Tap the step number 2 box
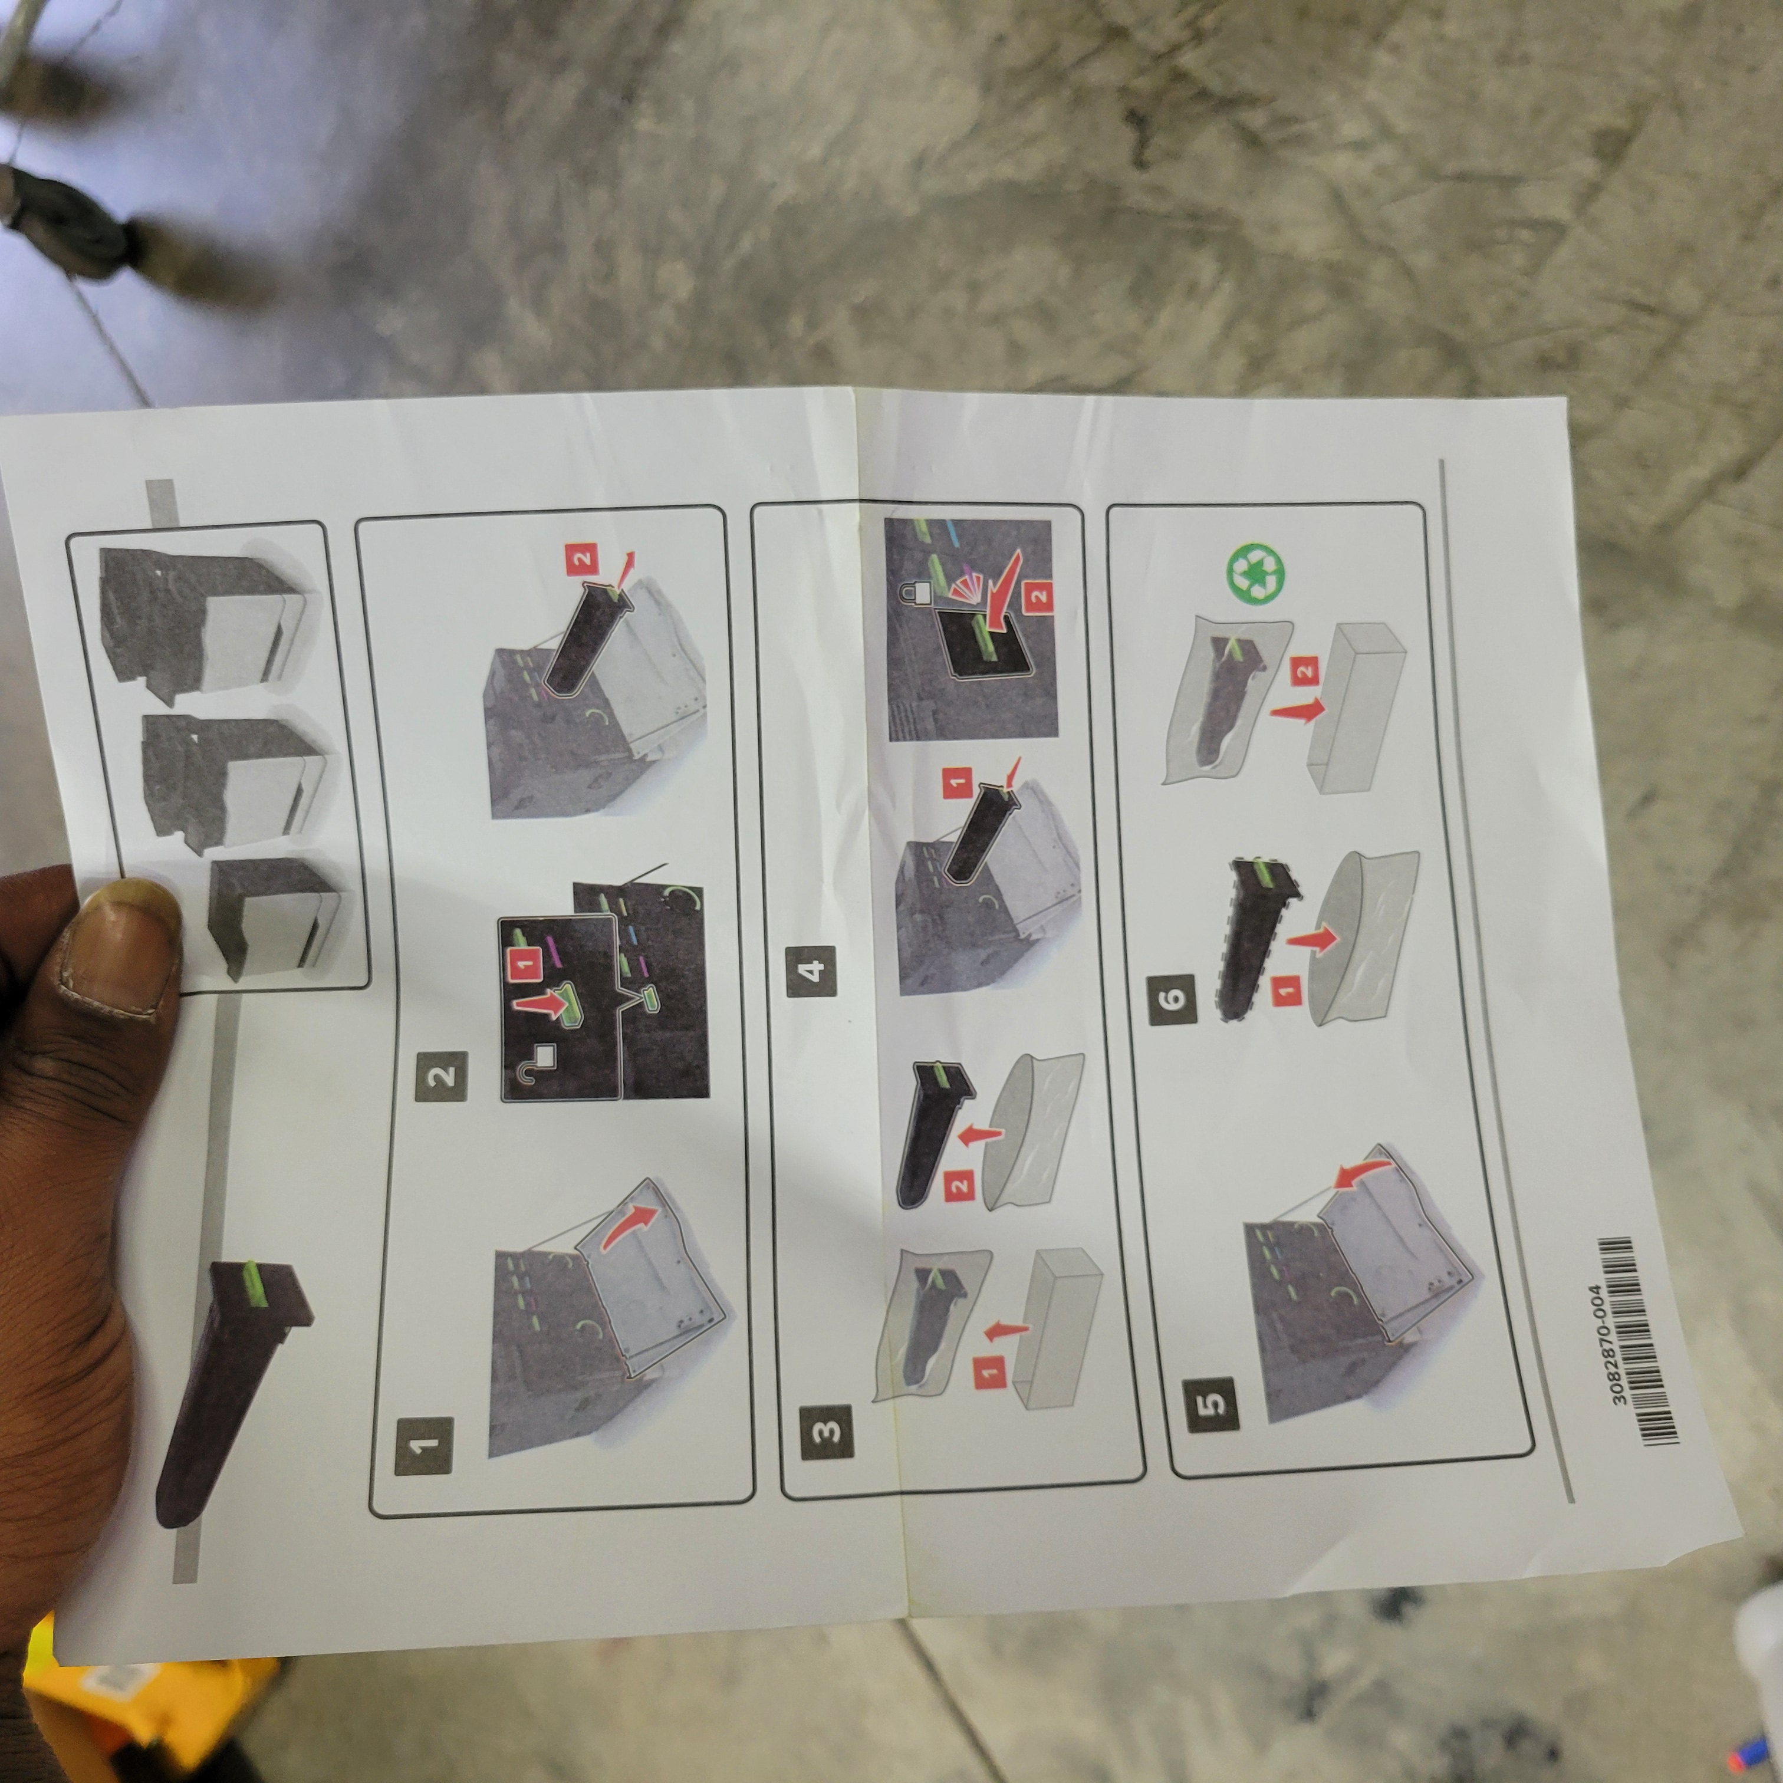(441, 1076)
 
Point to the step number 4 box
(811, 971)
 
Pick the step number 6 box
(1172, 999)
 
